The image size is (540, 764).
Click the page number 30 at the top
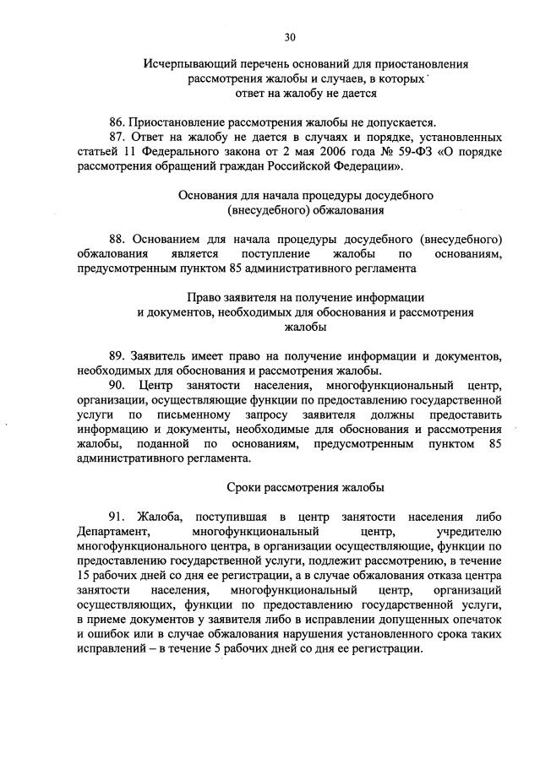coord(290,36)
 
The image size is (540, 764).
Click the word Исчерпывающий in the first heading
coord(182,64)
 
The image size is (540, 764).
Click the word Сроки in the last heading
coord(245,487)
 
